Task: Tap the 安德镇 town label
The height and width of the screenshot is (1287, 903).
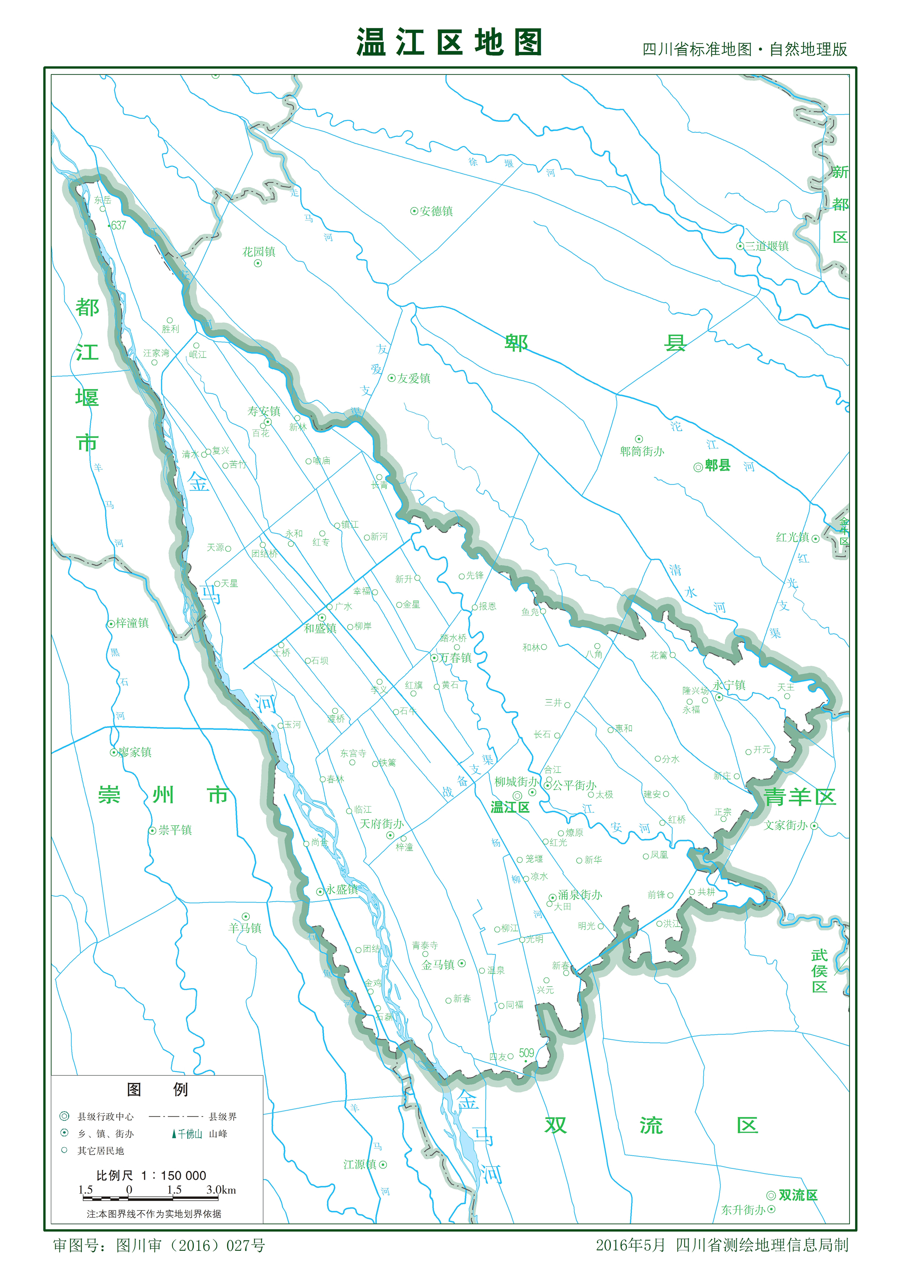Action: [436, 211]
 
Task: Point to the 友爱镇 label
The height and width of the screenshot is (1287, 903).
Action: [413, 378]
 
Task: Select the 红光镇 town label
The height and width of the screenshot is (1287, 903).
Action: [792, 538]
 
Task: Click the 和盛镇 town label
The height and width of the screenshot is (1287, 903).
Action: [320, 628]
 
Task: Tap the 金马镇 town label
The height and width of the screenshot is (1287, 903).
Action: [438, 965]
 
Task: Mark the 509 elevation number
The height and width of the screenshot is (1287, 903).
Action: [526, 1053]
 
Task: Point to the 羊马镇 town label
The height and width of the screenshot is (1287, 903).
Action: [245, 928]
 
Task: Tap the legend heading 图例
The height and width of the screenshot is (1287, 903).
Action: [157, 1089]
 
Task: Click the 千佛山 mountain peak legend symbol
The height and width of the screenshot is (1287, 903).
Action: [174, 1134]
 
